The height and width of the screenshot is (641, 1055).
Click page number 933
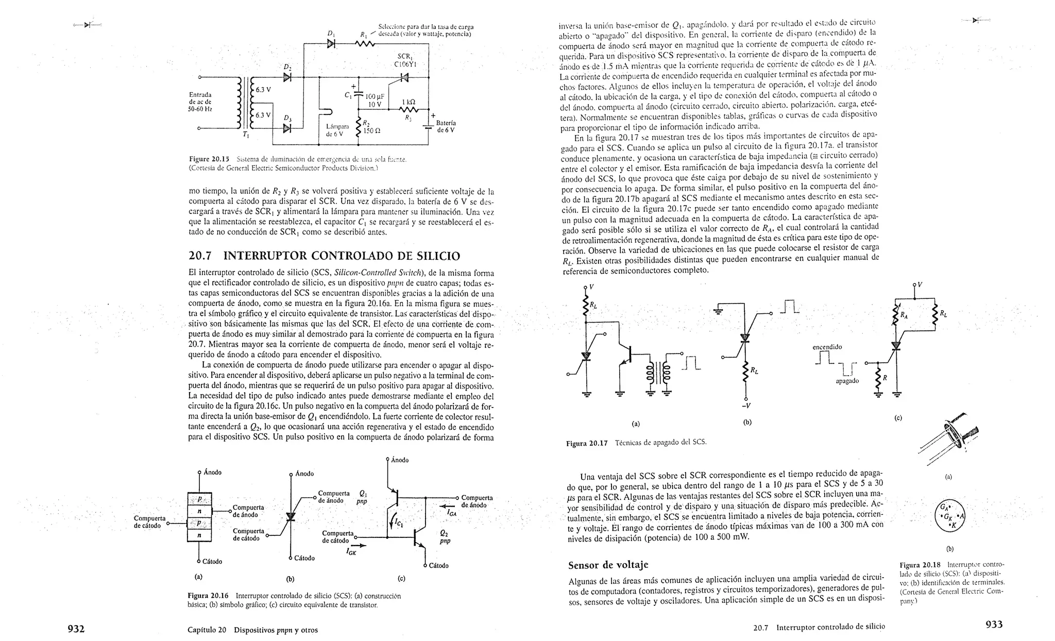pyautogui.click(x=994, y=624)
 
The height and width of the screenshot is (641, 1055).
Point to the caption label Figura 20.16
pyautogui.click(x=208, y=596)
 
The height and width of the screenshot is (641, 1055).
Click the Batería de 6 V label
pyautogui.click(x=446, y=127)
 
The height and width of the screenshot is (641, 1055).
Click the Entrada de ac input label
pyautogui.click(x=200, y=102)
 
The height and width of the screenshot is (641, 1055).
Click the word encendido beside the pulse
pyautogui.click(x=827, y=347)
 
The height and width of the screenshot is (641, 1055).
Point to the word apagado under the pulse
pyautogui.click(x=847, y=381)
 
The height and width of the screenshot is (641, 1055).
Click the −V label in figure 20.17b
pyautogui.click(x=744, y=404)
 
